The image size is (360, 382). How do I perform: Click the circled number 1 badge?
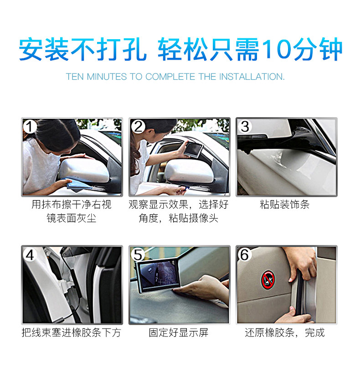[30, 127]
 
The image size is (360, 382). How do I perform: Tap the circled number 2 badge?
[138, 127]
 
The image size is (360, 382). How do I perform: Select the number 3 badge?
[245, 126]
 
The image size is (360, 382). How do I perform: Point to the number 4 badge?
[30, 255]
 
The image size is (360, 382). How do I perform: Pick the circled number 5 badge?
[138, 255]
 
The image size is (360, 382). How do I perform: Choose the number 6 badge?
[245, 254]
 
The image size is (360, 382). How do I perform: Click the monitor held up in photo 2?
[193, 150]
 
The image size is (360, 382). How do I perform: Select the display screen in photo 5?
[158, 276]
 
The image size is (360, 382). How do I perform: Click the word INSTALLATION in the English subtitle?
[252, 77]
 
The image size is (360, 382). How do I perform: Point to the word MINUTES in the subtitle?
[107, 77]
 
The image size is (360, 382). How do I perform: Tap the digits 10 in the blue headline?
[276, 49]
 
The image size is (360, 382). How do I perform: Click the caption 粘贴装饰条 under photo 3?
[285, 204]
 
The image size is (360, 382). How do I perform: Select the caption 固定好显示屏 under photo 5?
[179, 333]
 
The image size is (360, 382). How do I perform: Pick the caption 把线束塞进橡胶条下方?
[72, 333]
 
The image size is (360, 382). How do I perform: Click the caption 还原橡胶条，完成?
[285, 333]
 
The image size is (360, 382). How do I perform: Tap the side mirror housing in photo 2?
[189, 171]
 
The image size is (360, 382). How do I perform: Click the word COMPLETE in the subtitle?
[170, 77]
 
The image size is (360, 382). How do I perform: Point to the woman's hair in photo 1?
[57, 133]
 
